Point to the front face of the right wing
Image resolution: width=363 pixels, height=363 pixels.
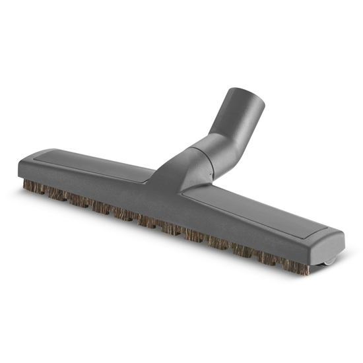coord(251,234)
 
